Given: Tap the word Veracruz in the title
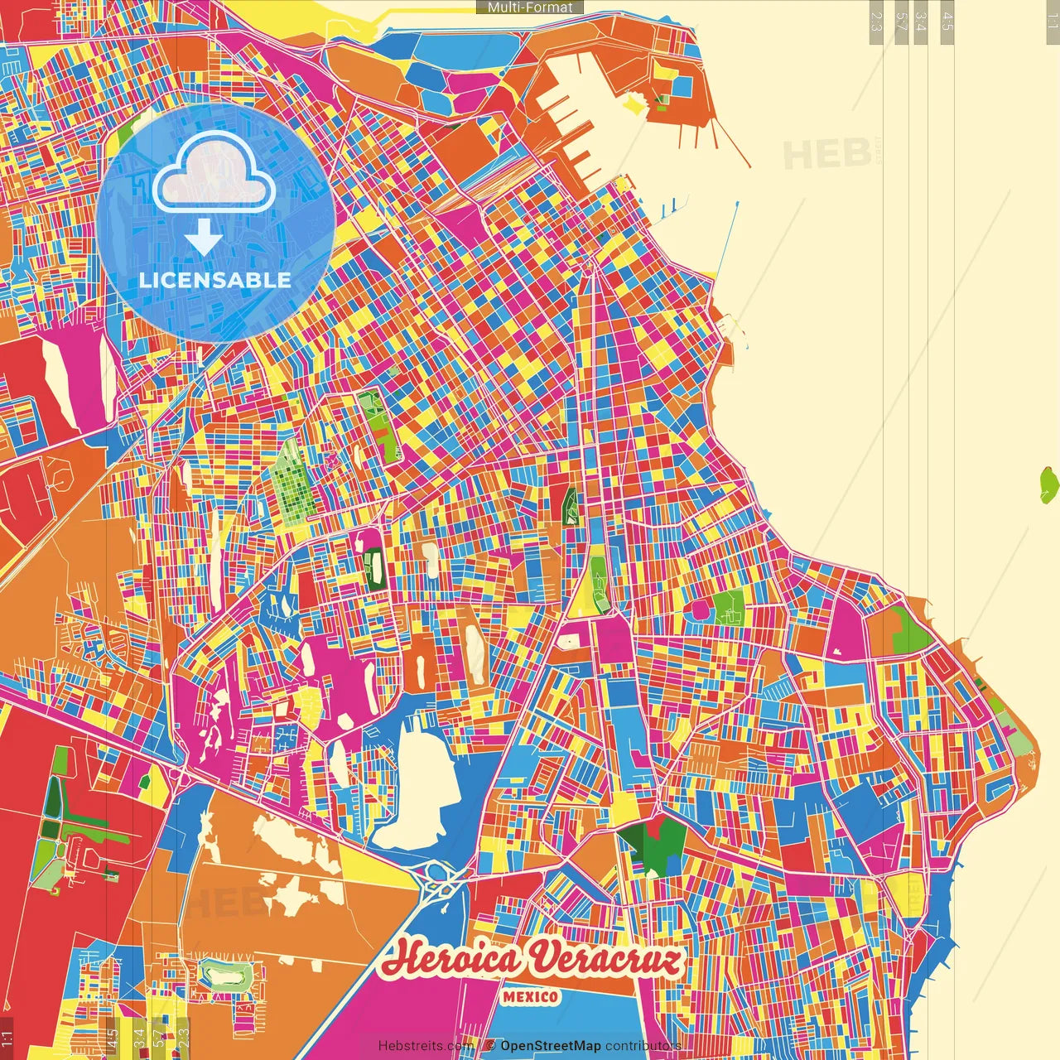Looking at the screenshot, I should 607,960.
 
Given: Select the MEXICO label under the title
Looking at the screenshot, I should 530,996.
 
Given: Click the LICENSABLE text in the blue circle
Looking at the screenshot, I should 215,280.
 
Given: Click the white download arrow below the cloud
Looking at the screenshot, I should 204,237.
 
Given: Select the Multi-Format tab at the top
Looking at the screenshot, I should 530,7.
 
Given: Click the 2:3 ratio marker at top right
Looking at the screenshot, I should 876,22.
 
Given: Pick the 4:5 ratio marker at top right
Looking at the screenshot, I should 947,22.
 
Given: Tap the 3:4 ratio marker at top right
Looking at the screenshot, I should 921,22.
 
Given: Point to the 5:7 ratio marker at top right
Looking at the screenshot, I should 900,22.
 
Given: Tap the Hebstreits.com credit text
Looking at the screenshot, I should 426,1046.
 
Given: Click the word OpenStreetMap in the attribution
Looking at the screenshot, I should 551,1046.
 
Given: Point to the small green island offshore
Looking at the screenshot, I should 1049,485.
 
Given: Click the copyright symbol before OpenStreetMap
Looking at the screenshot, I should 490,1046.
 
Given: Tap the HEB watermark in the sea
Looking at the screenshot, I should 826,155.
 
